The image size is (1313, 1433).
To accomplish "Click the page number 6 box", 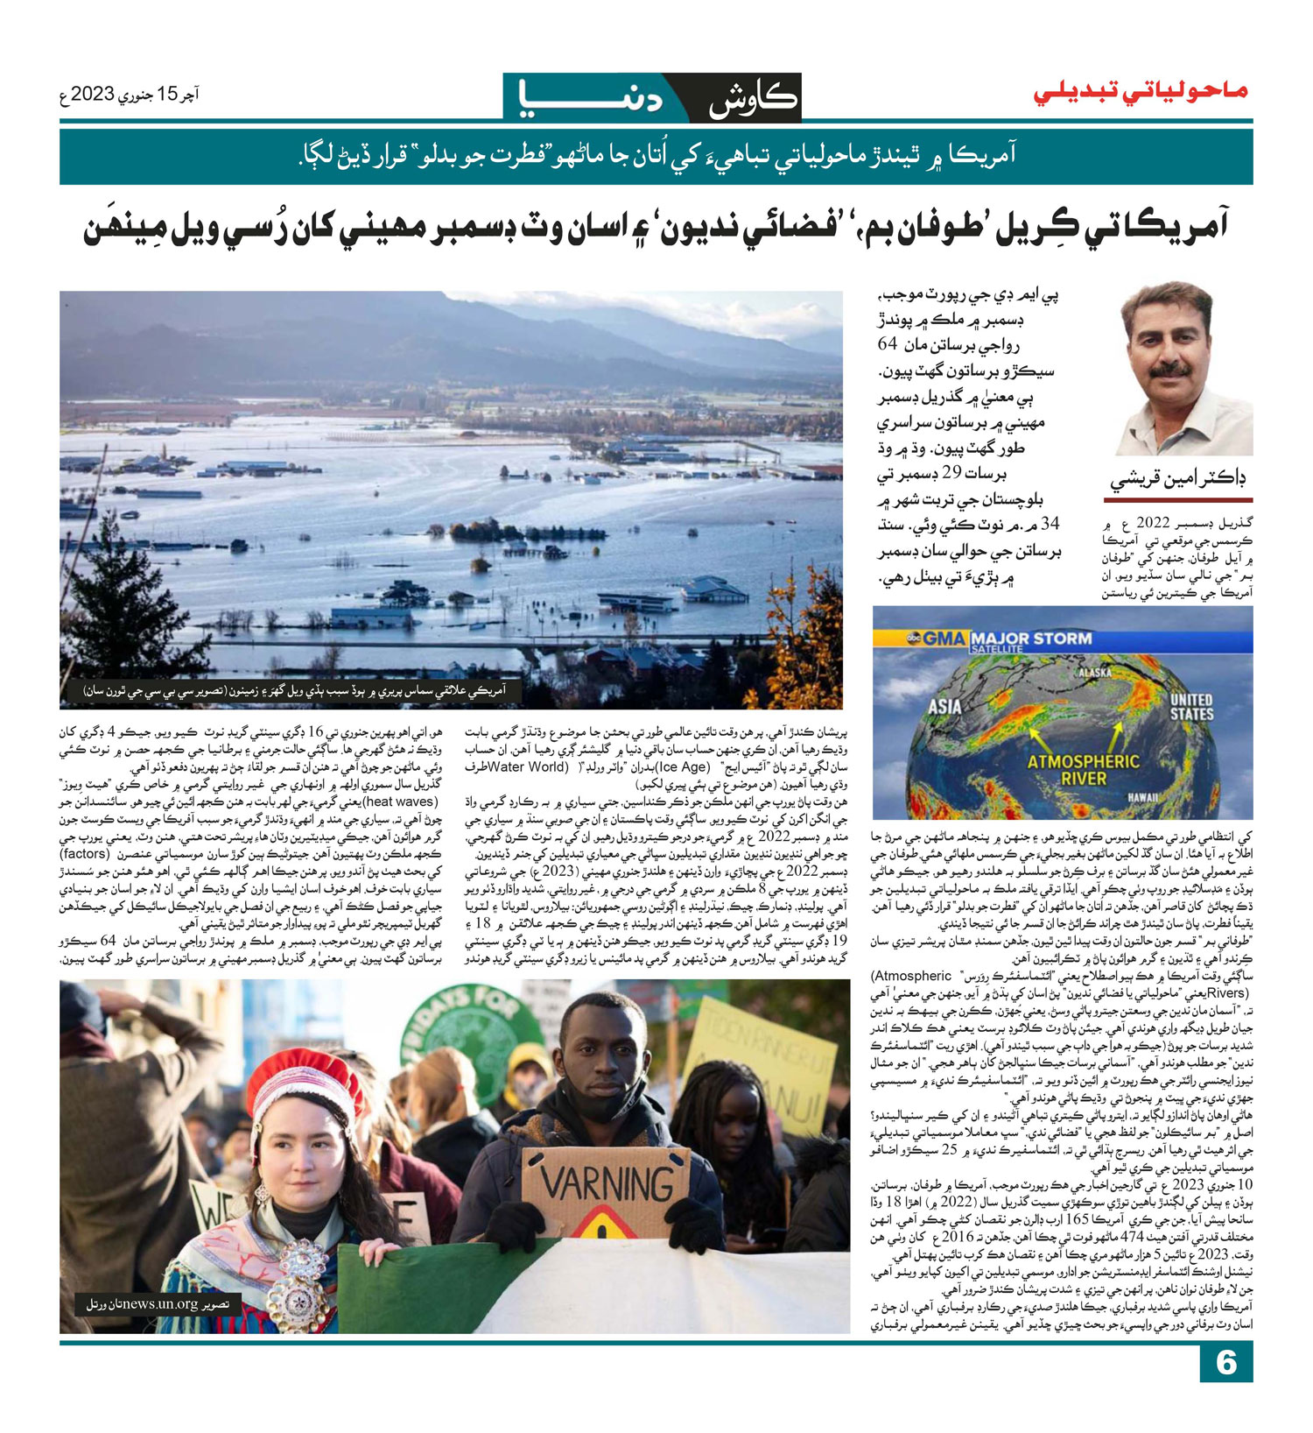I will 1225,1363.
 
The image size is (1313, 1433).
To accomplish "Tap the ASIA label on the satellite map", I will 944,706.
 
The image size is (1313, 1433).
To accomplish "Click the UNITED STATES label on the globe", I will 1191,706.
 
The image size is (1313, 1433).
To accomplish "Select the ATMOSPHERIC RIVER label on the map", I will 1084,770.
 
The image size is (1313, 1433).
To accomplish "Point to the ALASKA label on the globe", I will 1094,673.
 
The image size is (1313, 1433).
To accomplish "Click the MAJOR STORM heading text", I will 1031,638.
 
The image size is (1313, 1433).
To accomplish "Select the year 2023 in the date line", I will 93,94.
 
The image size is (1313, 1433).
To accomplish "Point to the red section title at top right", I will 1141,92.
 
